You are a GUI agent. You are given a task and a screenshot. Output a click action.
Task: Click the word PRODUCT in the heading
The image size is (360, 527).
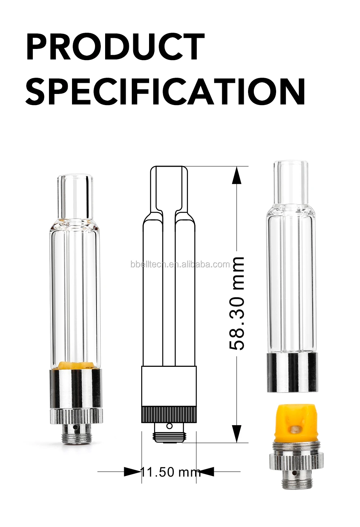[x=115, y=47]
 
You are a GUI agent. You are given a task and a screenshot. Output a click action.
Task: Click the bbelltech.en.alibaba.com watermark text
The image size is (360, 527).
[x=180, y=265]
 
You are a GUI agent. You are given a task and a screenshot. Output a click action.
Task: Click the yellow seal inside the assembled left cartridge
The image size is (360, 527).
[x=76, y=365]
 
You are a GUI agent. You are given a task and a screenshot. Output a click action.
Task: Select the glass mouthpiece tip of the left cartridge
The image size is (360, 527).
[x=75, y=196]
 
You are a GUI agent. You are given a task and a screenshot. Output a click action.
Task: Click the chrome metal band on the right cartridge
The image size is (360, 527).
[x=292, y=372]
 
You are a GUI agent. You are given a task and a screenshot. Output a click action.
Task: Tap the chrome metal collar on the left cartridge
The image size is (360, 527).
[x=76, y=389]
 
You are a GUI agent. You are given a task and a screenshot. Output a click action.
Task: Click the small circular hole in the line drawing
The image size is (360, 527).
[x=169, y=426]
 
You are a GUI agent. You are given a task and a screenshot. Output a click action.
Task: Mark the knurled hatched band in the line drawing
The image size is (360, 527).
[x=169, y=414]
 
